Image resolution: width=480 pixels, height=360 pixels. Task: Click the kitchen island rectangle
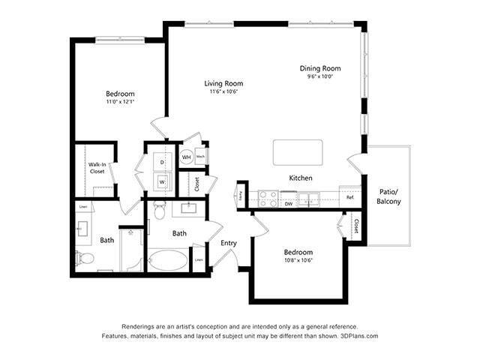click(298, 151)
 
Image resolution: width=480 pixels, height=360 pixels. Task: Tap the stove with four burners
click(268, 198)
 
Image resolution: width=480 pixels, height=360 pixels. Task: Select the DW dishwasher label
click(289, 203)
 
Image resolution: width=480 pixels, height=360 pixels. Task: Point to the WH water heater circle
click(186, 157)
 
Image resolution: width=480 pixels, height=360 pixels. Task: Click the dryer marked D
click(161, 161)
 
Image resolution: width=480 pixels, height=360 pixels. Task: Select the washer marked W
click(161, 181)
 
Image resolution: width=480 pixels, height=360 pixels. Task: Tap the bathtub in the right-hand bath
click(169, 260)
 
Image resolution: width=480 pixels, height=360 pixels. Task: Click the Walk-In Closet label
click(97, 167)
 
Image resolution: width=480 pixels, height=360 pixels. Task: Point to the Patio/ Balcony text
click(388, 197)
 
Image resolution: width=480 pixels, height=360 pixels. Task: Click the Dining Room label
click(320, 67)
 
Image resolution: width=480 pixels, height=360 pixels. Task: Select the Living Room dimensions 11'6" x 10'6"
click(223, 92)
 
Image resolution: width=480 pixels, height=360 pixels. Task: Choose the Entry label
click(229, 242)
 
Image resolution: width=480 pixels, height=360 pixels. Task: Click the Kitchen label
click(301, 178)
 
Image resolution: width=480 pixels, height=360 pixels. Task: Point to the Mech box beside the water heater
click(201, 157)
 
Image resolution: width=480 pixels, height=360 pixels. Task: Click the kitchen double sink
click(307, 199)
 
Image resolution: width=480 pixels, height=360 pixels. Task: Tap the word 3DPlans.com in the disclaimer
click(357, 336)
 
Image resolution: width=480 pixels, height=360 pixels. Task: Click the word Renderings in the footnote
click(141, 326)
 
